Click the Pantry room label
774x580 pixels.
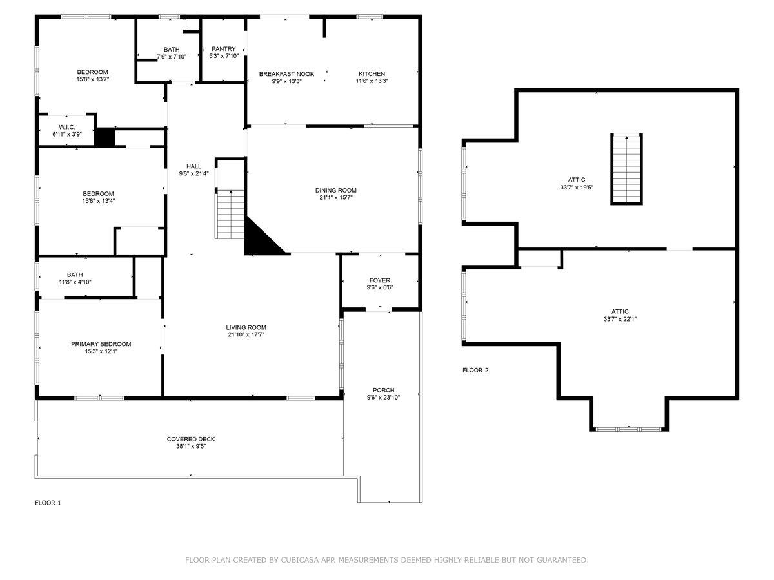[224, 49]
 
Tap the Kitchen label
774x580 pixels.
[372, 74]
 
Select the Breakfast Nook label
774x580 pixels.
[286, 74]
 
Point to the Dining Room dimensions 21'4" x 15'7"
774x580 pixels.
[335, 198]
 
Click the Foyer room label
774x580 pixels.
[380, 280]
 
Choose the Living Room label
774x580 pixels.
[246, 327]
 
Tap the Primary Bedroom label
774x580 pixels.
[101, 344]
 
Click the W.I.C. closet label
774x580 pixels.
[68, 127]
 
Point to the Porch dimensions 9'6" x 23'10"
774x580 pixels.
[383, 398]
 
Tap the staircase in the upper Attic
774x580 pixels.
[627, 169]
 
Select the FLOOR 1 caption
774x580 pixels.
[48, 503]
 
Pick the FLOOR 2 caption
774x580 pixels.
[475, 370]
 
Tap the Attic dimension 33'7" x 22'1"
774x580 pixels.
[620, 319]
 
